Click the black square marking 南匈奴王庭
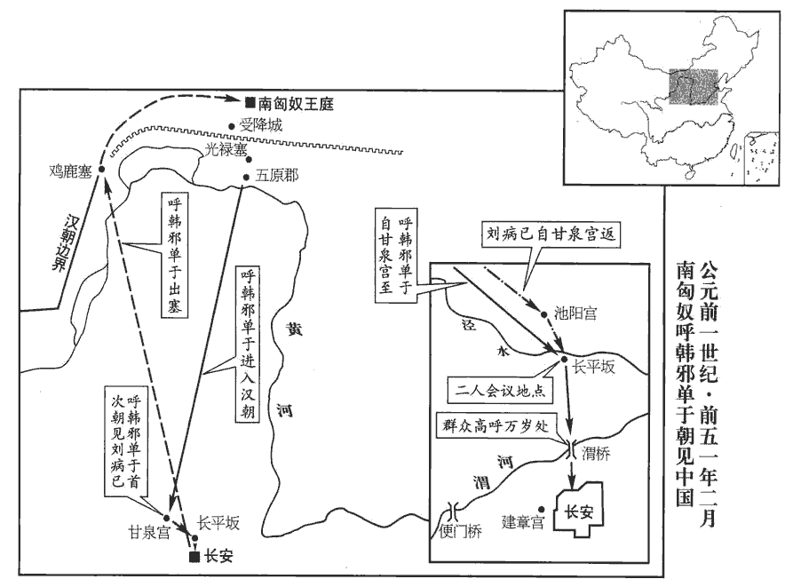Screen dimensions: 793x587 [x=250, y=102]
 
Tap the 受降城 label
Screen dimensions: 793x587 [x=261, y=124]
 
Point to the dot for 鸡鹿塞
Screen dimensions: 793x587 [x=101, y=169]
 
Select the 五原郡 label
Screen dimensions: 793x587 [x=277, y=176]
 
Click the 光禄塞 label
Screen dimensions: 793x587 [x=226, y=149]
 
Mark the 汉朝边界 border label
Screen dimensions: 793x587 [x=64, y=242]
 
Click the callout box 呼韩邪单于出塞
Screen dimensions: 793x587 [x=174, y=255]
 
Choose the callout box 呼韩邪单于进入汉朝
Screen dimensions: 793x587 [x=247, y=345]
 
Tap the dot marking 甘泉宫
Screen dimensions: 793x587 [x=166, y=517]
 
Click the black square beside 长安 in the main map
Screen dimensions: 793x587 [x=194, y=557]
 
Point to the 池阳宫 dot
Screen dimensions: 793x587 [x=544, y=314]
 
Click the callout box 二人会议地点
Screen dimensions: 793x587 [x=500, y=392]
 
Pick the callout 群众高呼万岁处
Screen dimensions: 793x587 [x=496, y=426]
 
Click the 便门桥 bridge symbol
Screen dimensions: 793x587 [x=453, y=512]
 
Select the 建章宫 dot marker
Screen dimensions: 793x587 [x=542, y=509]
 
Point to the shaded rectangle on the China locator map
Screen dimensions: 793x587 [x=694, y=86]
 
